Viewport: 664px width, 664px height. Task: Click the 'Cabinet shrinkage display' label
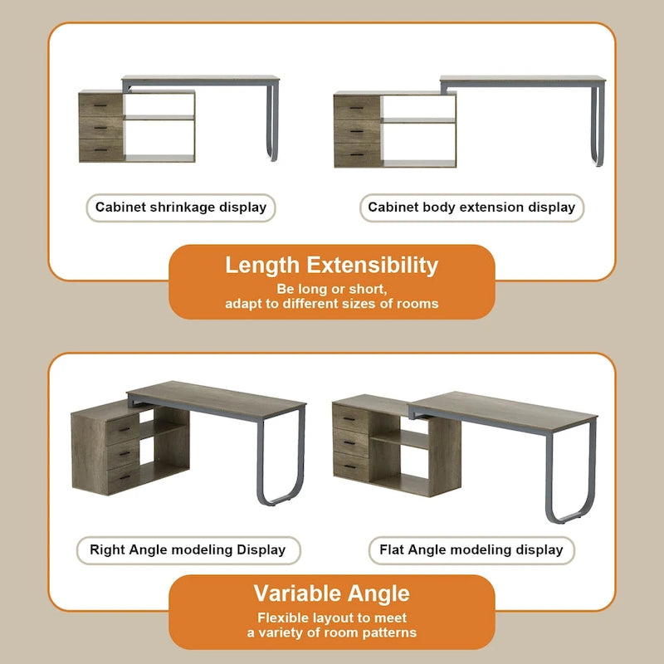(x=181, y=207)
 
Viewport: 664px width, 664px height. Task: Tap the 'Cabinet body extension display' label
(x=471, y=207)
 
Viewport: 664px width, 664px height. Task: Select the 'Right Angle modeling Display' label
(x=188, y=550)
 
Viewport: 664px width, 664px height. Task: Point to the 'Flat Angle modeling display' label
(x=471, y=550)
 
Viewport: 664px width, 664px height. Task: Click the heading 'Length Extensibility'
(x=331, y=266)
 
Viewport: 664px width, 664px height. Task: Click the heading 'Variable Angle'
(x=331, y=593)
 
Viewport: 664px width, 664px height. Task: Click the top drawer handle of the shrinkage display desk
(x=100, y=105)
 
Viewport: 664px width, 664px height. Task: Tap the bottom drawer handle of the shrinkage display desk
(x=100, y=150)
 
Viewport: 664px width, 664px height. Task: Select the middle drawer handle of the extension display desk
(x=357, y=132)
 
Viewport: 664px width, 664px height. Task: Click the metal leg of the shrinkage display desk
(x=271, y=123)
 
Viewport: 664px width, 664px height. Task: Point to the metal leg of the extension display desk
(x=598, y=126)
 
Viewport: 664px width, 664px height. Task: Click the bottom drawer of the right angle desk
(x=123, y=478)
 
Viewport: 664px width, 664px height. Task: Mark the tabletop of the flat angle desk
(x=503, y=410)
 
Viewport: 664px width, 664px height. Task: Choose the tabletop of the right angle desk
(x=217, y=399)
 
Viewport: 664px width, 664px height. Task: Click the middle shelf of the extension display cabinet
(x=418, y=120)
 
